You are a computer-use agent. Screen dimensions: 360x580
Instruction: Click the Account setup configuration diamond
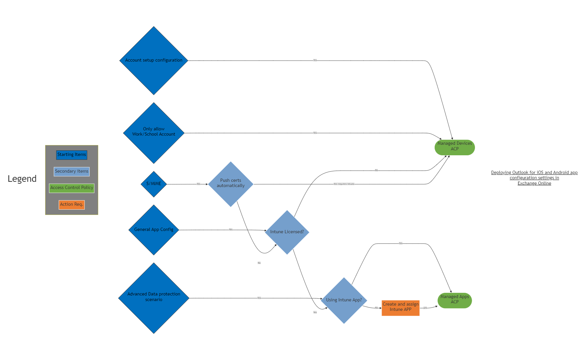point(154,61)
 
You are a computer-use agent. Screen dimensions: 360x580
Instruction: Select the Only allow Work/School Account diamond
point(154,133)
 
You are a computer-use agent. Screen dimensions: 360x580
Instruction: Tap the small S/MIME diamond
point(154,184)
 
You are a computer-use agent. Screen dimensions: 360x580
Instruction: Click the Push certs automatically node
point(230,184)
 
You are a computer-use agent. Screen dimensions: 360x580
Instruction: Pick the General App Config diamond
point(154,230)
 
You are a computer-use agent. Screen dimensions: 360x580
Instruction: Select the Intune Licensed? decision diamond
point(287,232)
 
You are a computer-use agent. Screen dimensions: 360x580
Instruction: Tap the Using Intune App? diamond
point(344,300)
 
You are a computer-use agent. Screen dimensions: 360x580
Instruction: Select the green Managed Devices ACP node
point(454,147)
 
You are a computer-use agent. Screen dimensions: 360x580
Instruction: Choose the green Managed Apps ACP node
point(454,300)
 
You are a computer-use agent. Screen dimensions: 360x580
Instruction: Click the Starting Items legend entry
point(71,155)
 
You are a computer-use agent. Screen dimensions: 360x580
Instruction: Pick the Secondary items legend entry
point(71,171)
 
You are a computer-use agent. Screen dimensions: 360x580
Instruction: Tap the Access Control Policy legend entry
point(71,188)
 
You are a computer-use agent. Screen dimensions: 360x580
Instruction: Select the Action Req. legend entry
point(71,204)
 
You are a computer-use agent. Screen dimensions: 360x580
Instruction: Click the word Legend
point(22,179)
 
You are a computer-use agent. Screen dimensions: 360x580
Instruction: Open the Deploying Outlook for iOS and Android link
point(534,178)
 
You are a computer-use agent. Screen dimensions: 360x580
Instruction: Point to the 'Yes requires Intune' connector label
point(344,184)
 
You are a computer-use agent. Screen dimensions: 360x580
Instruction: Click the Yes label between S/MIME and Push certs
point(198,184)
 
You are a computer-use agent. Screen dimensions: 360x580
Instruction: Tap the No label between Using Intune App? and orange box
point(376,308)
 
